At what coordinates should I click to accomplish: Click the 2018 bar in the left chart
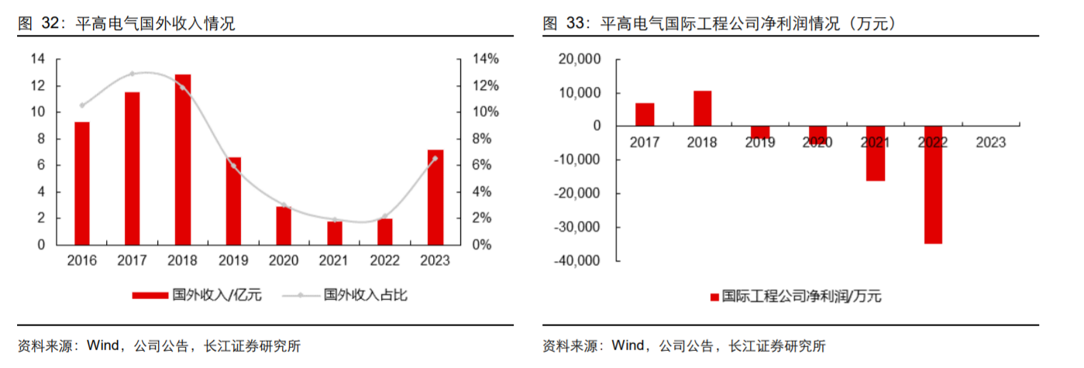(x=183, y=159)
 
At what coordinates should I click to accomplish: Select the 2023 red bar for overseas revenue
(x=435, y=197)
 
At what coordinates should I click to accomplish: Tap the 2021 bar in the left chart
(x=334, y=232)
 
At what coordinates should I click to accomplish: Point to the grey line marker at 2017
(x=132, y=74)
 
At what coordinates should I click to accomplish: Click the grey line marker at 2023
(x=435, y=158)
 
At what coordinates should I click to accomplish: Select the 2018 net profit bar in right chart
(x=702, y=108)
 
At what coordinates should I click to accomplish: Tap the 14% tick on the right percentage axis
(x=487, y=59)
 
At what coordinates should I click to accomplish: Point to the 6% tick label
(x=487, y=165)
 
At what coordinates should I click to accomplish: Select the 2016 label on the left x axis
(x=82, y=261)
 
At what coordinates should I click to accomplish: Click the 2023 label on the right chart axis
(x=991, y=143)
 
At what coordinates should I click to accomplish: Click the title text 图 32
(x=40, y=24)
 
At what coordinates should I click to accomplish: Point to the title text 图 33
(x=564, y=24)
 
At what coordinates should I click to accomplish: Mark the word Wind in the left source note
(x=102, y=346)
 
